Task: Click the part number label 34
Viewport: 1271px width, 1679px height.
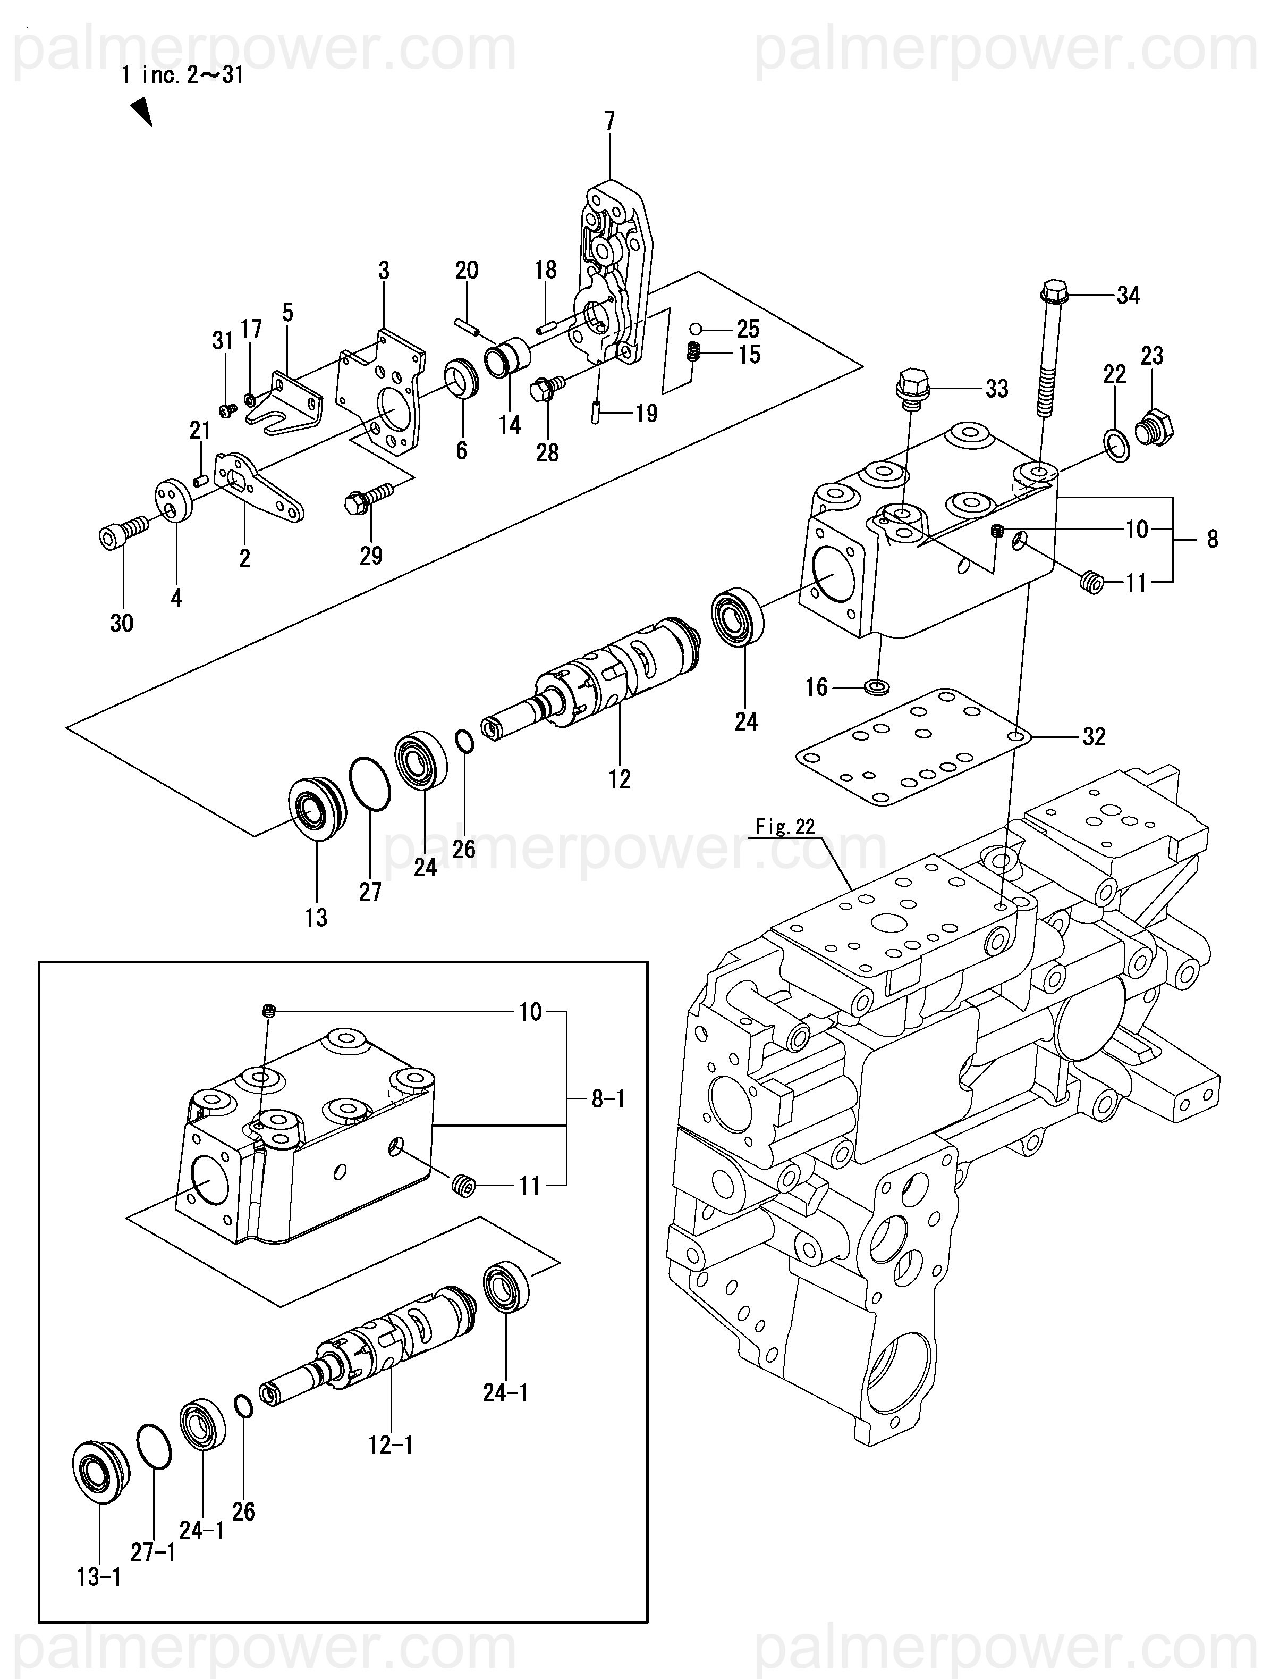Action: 1129,295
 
